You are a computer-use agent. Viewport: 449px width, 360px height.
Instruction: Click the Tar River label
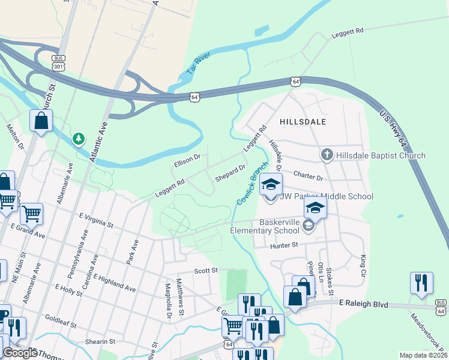point(199,62)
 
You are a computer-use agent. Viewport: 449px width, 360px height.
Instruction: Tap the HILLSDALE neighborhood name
point(303,121)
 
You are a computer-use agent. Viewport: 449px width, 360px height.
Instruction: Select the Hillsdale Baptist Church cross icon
point(327,155)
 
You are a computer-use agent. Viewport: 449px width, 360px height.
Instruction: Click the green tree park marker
point(78,139)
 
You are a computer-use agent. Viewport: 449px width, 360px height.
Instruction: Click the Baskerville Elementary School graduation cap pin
point(315,208)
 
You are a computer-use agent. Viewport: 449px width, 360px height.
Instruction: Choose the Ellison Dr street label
point(187,161)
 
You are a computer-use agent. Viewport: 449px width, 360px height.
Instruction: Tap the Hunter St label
point(284,245)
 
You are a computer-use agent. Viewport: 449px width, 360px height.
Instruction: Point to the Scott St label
point(205,271)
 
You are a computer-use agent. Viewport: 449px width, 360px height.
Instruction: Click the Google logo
point(20,353)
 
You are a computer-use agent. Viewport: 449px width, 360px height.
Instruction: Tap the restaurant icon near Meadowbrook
point(421,283)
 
